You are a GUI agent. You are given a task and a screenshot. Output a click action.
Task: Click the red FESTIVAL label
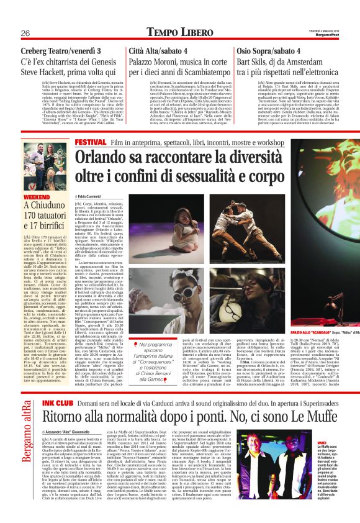pos(90,142)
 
